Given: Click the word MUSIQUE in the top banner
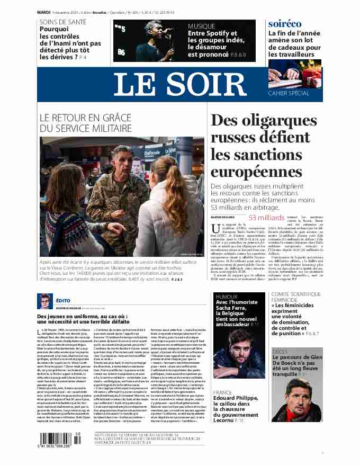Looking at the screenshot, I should point(202,25).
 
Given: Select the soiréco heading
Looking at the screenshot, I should point(285,24).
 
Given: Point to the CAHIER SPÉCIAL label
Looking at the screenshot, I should point(289,93).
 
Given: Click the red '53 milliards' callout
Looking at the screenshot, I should point(266,218).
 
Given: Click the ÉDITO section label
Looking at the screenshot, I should point(63,300).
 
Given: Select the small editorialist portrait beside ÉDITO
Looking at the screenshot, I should point(44,301).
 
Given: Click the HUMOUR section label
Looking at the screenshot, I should point(227,297).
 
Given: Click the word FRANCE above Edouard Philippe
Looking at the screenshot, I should point(222,392).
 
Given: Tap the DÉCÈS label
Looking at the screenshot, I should point(280,351).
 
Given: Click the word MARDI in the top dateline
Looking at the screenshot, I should point(43,11).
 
